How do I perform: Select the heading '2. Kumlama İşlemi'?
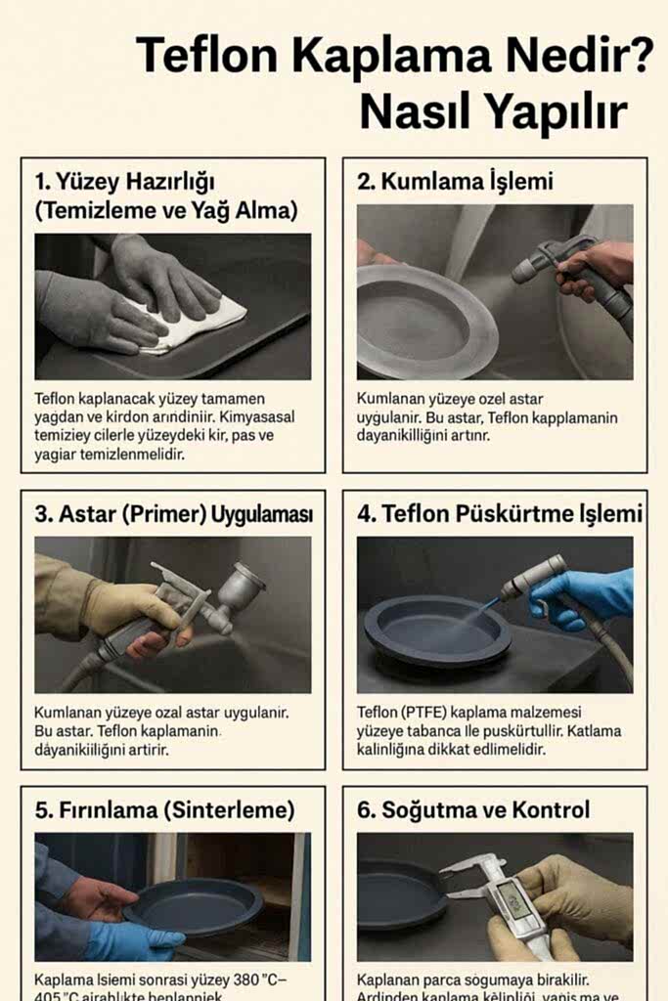455,181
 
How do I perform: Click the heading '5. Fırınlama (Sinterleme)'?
164,810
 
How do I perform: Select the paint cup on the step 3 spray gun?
240,586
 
